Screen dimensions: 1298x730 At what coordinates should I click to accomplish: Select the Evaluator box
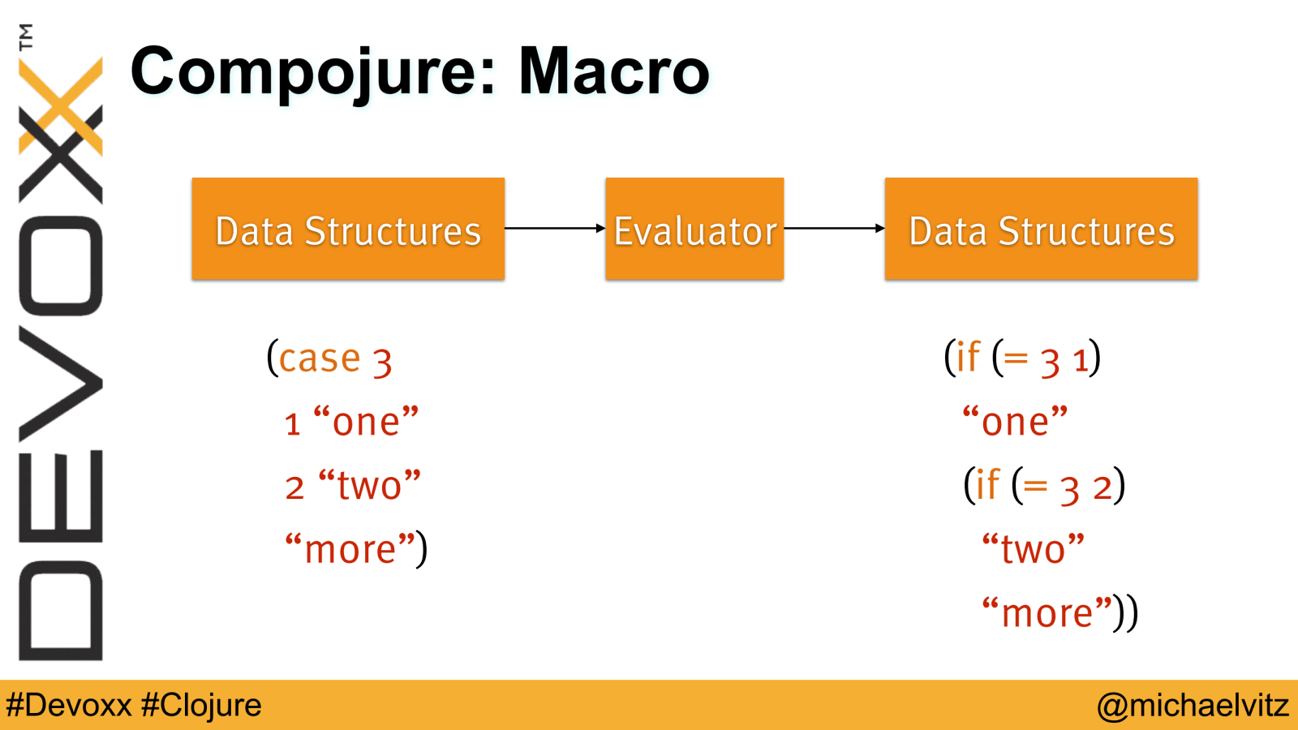pos(694,229)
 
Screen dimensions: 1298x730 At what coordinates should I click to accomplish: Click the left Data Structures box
pos(348,229)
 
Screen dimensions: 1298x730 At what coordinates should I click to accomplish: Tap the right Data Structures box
pos(1042,229)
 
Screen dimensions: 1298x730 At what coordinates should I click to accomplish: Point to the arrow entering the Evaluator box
pos(555,228)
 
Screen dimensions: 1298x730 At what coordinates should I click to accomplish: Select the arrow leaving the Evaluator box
pos(835,228)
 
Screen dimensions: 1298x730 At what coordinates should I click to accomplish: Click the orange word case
pos(320,359)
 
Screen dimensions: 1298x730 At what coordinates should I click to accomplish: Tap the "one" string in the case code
pos(366,421)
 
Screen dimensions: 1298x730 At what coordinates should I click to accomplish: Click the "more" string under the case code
pos(350,548)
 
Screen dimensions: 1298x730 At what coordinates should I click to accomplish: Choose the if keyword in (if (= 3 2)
pos(987,483)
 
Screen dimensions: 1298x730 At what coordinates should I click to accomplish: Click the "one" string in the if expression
pos(1015,421)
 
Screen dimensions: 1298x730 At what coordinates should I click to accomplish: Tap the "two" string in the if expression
pos(1033,548)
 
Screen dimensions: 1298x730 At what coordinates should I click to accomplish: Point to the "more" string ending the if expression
pos(1047,612)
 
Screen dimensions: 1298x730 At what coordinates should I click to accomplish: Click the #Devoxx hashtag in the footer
pos(69,705)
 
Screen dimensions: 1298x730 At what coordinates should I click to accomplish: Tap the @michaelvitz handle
pos(1193,706)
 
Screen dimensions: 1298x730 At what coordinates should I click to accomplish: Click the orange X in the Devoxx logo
pos(60,106)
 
